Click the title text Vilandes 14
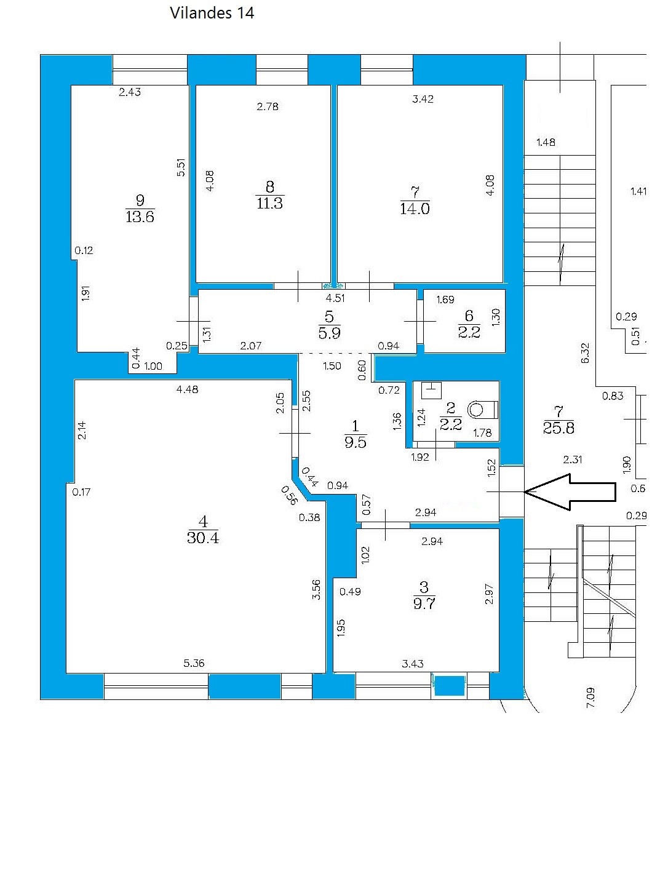[212, 13]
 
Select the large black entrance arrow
[570, 491]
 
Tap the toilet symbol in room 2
[482, 410]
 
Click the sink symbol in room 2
[431, 390]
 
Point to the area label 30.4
[203, 538]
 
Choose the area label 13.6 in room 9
[140, 217]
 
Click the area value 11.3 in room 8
[269, 203]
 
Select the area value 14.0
[415, 209]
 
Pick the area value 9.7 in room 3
[424, 603]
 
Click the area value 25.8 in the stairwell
[559, 428]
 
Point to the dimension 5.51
[181, 167]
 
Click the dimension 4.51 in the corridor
[335, 298]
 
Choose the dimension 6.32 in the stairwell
[585, 353]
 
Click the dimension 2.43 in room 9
[130, 92]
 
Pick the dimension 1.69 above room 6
[445, 300]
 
